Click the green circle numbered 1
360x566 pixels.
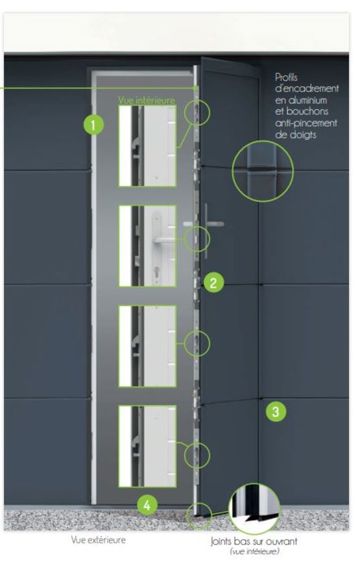pos(93,125)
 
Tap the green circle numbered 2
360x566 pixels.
pos(213,282)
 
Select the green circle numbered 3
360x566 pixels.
pos(276,412)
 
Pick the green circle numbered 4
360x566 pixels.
pos(147,505)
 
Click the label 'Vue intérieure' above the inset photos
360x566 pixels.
pos(147,101)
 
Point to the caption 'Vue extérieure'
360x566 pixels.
pos(98,540)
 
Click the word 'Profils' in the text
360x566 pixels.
pos(287,77)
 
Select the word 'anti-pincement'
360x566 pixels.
pos(306,123)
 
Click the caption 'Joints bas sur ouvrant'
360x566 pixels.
pos(254,541)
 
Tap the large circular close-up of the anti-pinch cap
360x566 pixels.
pos(263,171)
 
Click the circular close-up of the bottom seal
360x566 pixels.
pos(254,509)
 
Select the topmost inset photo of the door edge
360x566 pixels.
pos(147,146)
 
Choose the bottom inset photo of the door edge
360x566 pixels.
pos(147,446)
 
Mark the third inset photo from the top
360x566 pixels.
pos(147,346)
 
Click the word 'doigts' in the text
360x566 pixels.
pos(296,135)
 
